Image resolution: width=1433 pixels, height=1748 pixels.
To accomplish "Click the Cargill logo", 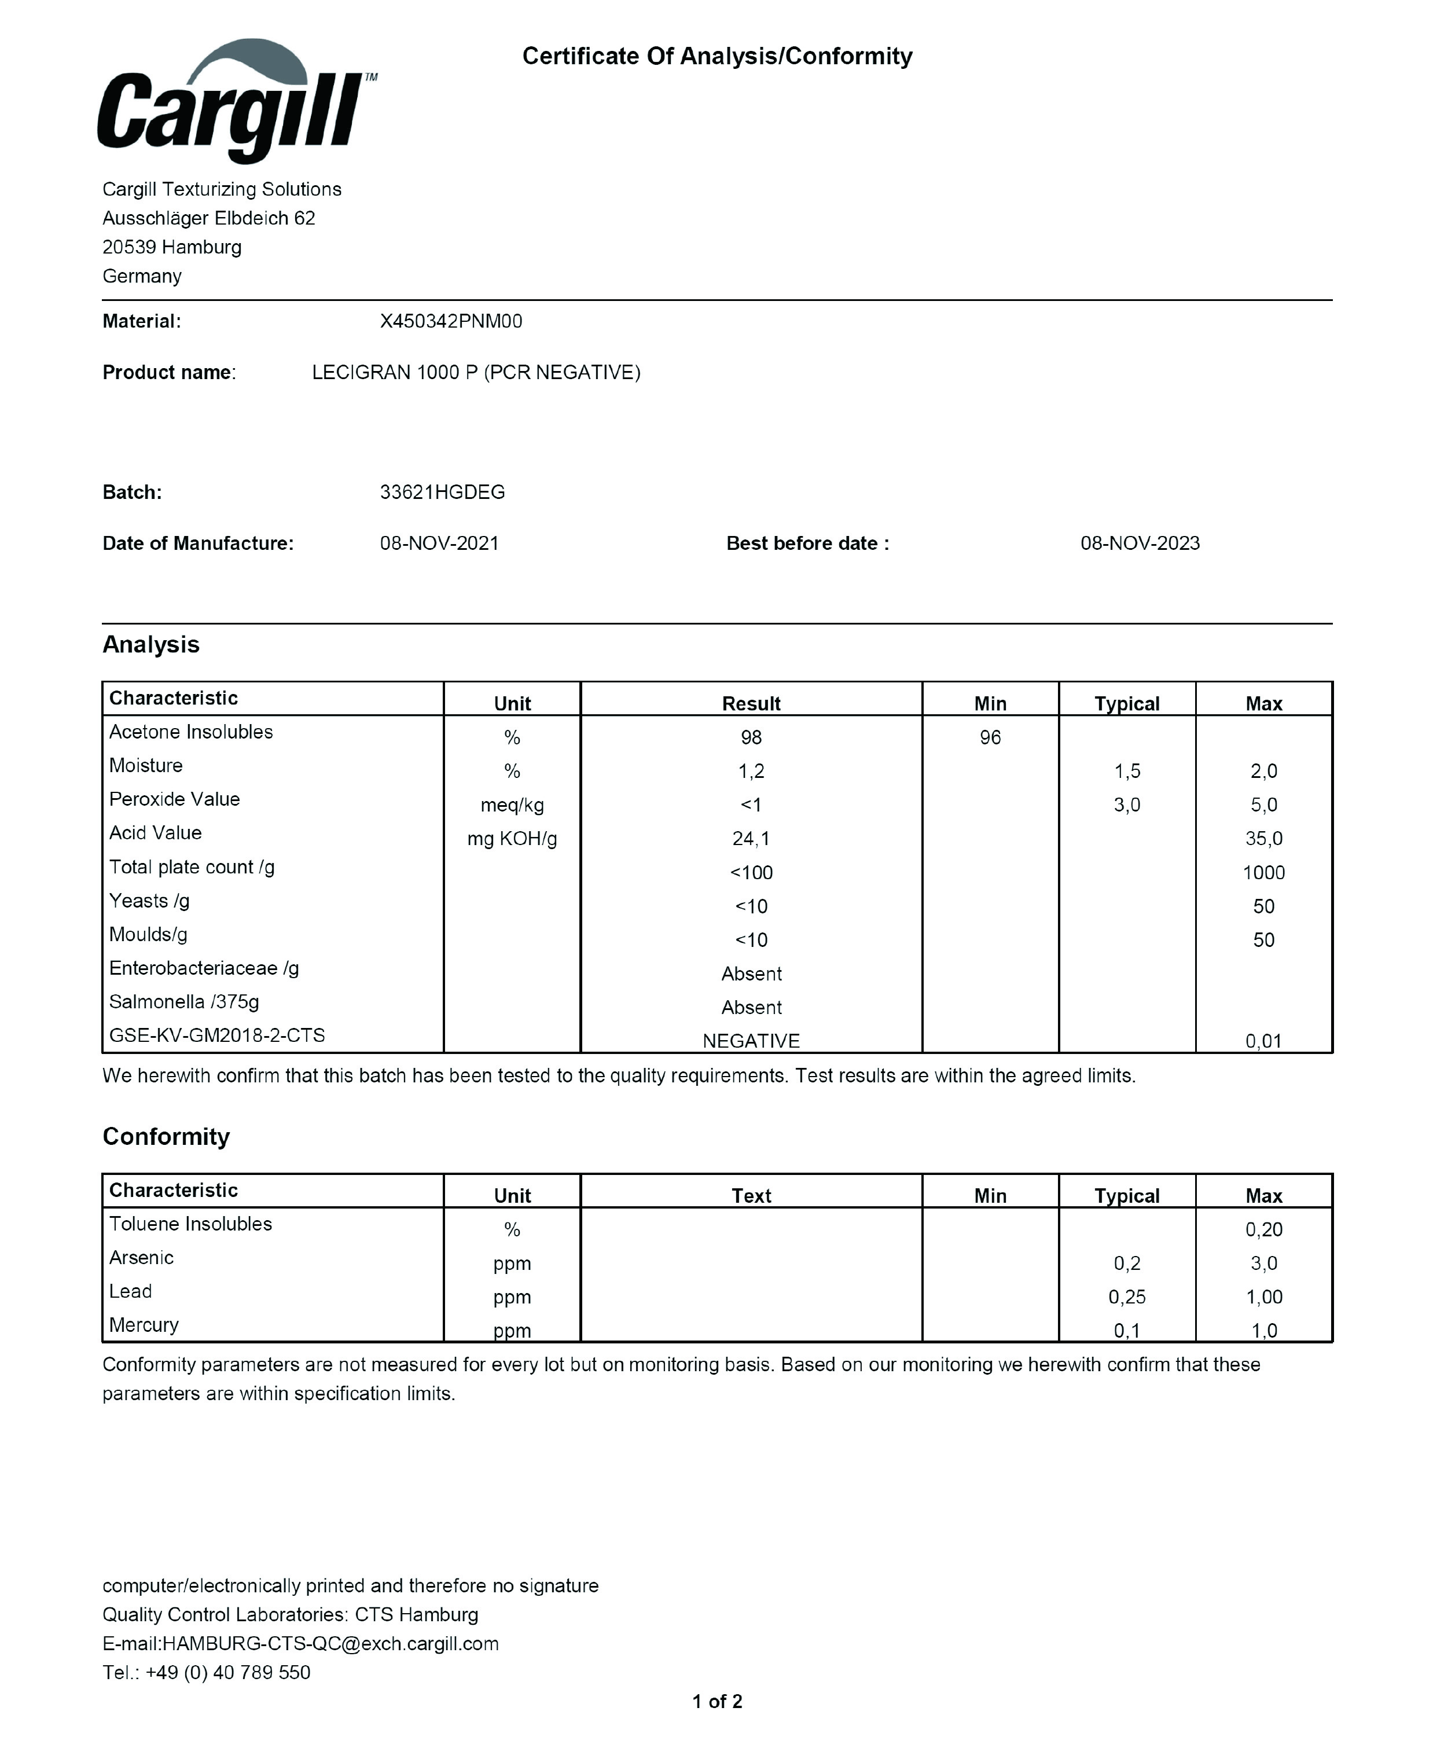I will (x=235, y=103).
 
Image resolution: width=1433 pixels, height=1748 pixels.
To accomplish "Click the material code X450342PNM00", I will (x=451, y=321).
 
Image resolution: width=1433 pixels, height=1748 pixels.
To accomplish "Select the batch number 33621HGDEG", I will (x=442, y=492).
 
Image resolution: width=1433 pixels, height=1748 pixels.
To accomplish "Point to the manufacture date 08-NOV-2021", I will (x=439, y=543).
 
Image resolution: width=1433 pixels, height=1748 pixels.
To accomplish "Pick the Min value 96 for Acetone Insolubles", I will (x=990, y=737).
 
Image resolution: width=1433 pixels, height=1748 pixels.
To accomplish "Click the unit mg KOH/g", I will (x=512, y=839).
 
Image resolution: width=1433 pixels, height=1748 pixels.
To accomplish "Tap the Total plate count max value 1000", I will (x=1263, y=872).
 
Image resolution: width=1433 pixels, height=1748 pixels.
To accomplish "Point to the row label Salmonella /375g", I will (x=184, y=1001).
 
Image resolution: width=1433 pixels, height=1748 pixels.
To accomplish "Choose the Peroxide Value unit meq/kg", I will (x=512, y=805).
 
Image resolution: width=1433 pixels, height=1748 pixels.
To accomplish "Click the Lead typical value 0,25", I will (x=1127, y=1297).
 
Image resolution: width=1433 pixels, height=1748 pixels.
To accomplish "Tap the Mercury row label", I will (x=144, y=1325).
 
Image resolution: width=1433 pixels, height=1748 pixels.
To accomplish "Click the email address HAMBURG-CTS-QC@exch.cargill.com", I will (x=330, y=1643).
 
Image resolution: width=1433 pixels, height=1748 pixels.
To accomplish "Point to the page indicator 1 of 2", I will (x=716, y=1701).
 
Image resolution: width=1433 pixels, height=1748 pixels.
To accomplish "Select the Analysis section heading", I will (x=151, y=645).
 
